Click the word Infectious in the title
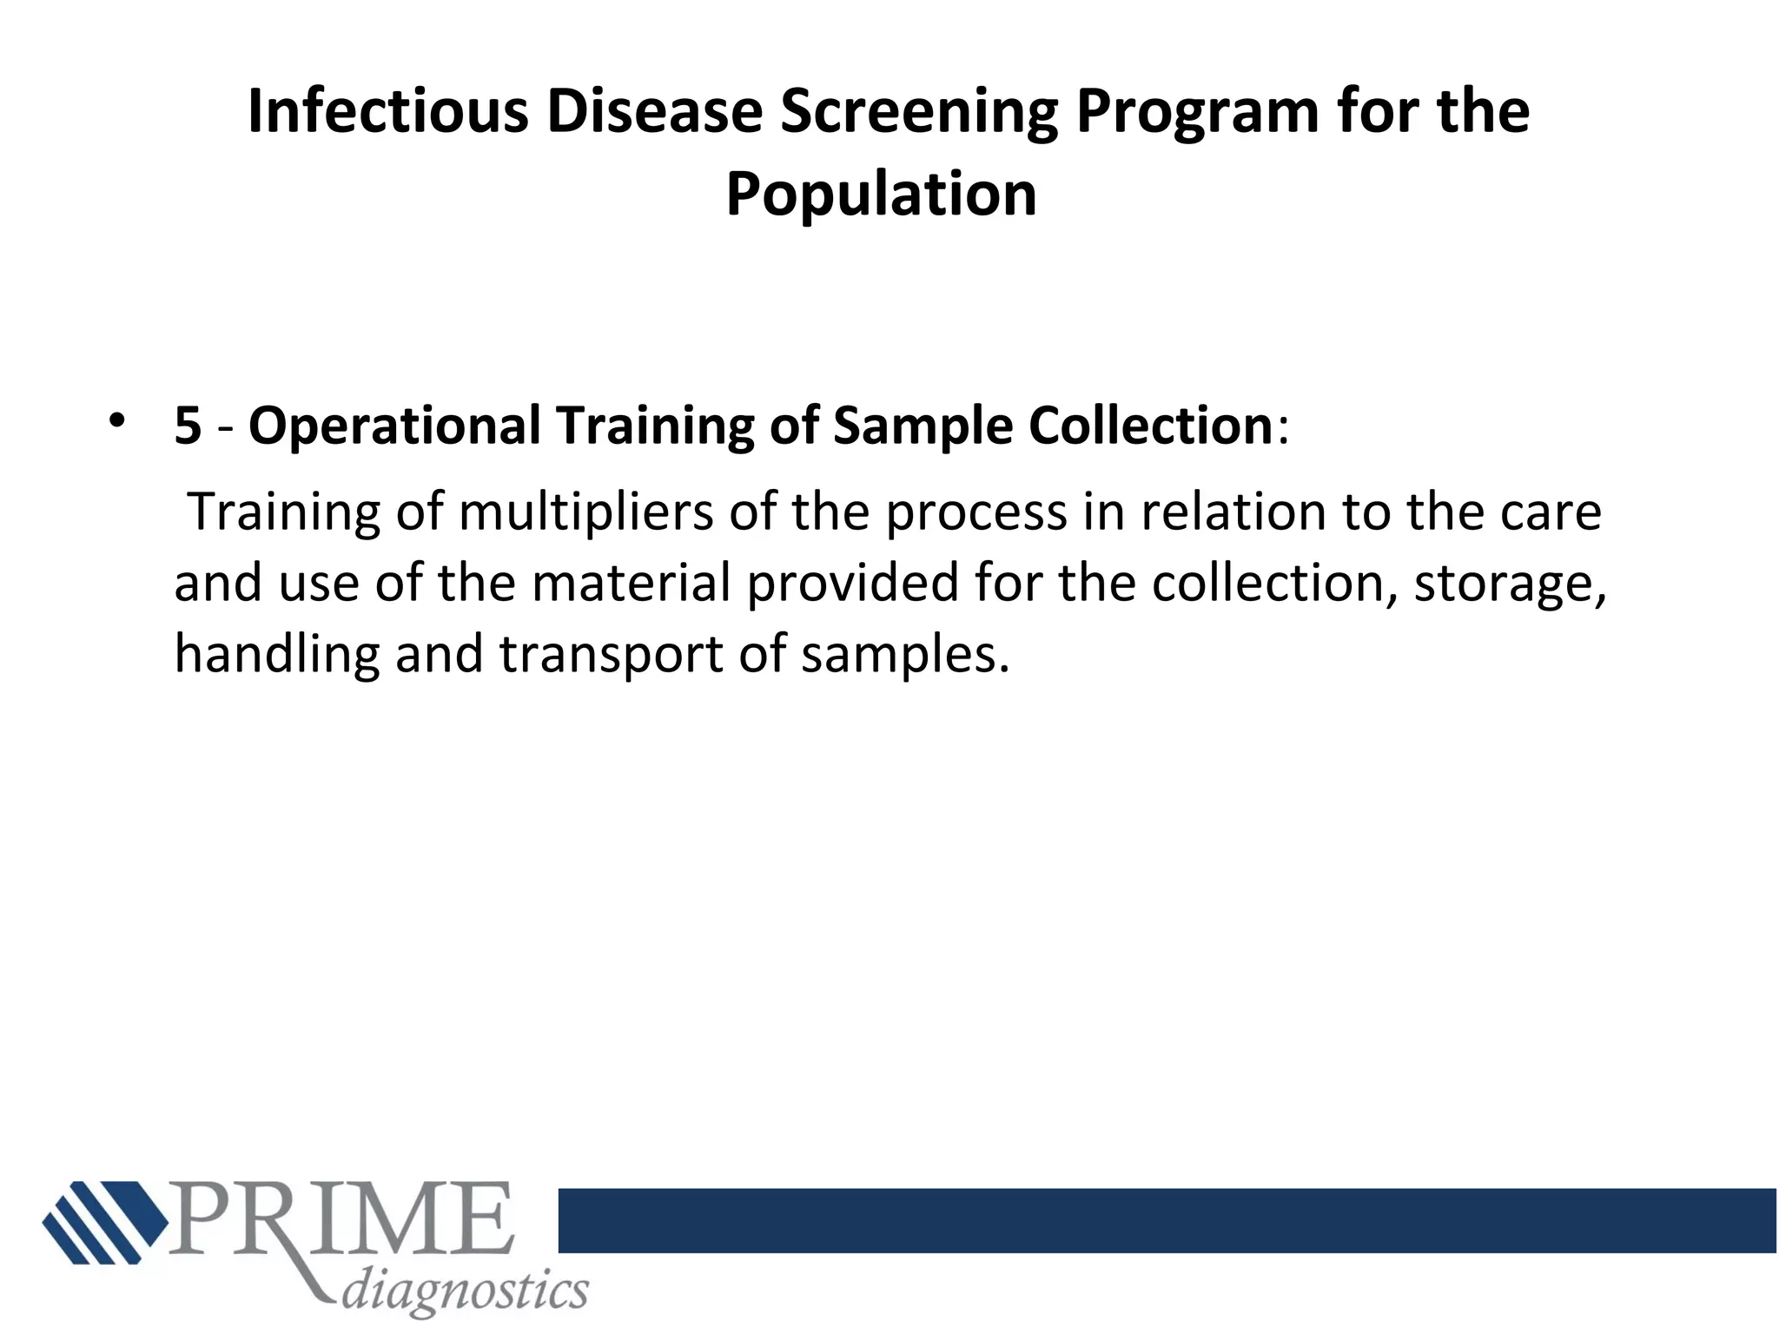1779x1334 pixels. click(x=387, y=112)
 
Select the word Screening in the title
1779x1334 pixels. click(x=918, y=112)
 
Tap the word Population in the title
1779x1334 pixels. click(x=881, y=194)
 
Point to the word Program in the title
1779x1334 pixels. click(x=1198, y=112)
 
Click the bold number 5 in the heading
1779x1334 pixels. click(x=188, y=426)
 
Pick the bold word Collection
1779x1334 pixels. click(x=1151, y=426)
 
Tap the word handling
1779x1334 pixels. click(x=277, y=653)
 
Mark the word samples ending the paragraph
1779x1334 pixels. click(x=904, y=653)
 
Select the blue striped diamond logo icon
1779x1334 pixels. click(x=104, y=1221)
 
